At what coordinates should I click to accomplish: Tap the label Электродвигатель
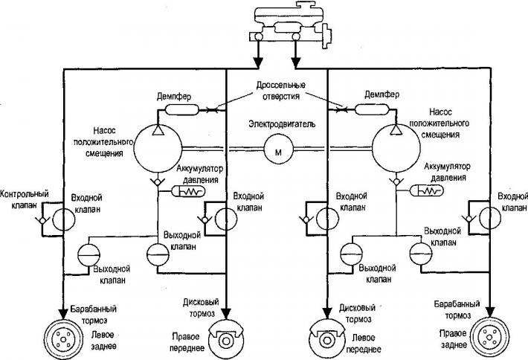282,124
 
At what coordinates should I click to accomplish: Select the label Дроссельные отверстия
281,90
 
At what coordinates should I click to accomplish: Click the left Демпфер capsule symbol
182,109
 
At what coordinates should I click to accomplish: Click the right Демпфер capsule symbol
372,109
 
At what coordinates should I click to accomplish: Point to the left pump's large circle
158,148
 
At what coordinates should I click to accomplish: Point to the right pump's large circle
396,148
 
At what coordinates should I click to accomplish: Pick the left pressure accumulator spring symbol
188,192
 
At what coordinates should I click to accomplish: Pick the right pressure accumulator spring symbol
427,191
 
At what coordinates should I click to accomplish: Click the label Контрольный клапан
25,199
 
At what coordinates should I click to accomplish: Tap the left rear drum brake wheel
64,338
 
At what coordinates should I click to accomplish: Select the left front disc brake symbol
326,338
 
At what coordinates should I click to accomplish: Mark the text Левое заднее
103,341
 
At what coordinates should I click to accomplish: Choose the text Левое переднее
364,344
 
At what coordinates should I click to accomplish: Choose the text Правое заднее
453,339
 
